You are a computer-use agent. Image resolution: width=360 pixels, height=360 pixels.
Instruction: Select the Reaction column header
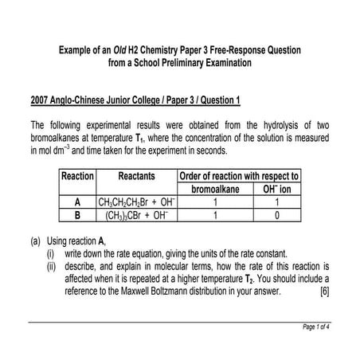77,175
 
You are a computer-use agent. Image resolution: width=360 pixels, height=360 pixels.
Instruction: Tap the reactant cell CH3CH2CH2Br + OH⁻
136,202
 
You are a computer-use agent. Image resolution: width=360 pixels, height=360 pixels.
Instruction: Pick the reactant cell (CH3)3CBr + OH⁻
136,214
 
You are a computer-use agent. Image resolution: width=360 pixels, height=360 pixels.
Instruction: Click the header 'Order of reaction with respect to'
238,175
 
